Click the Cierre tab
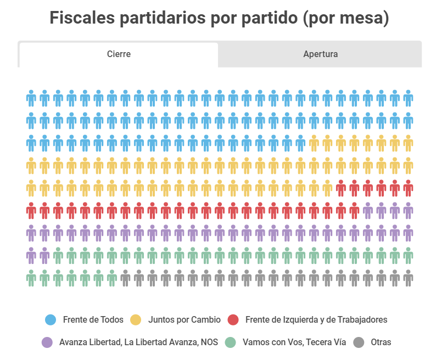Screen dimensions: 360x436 tap(119, 54)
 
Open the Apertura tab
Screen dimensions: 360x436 tap(320, 54)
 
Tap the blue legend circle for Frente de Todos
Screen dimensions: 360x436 tap(51, 319)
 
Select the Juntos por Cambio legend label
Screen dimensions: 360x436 tap(184, 319)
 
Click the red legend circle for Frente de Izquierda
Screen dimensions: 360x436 tap(233, 319)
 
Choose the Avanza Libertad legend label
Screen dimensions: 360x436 tap(138, 342)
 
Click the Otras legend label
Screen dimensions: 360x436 tap(381, 342)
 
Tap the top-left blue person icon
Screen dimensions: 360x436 tap(31, 98)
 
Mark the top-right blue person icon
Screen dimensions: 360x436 tap(408, 98)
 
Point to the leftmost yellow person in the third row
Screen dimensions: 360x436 tap(314, 143)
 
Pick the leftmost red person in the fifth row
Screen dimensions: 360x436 tap(341, 188)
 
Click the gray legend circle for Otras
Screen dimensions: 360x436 tap(359, 342)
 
